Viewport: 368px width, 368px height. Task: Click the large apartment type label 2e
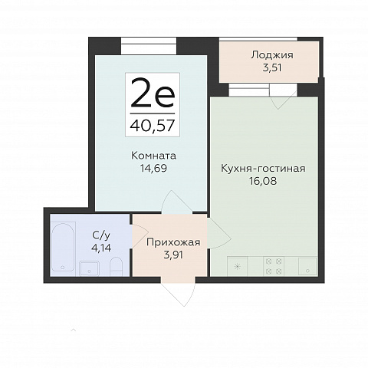(x=153, y=93)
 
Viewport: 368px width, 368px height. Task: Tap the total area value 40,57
(x=153, y=126)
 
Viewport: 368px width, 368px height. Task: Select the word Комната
(x=153, y=156)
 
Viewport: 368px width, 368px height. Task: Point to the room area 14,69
(x=153, y=168)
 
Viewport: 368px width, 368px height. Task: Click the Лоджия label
(x=272, y=55)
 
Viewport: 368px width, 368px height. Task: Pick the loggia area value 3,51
(x=272, y=67)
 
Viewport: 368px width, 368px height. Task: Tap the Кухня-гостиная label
(x=263, y=169)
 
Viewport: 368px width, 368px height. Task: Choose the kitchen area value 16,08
(x=263, y=181)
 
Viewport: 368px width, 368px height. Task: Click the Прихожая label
(x=173, y=242)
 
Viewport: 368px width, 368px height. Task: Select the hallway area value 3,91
(x=173, y=255)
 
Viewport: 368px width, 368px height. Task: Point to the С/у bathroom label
(x=101, y=235)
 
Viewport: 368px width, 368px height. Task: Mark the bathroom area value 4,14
(x=101, y=248)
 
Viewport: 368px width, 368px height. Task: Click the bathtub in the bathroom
(x=63, y=247)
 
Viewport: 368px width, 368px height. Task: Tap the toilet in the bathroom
(x=116, y=266)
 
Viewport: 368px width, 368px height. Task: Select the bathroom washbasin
(x=89, y=268)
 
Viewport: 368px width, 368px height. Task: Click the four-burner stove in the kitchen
(x=274, y=266)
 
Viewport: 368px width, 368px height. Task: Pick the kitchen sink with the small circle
(x=307, y=266)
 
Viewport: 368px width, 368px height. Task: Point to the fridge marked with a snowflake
(x=238, y=266)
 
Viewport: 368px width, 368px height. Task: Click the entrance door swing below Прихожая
(x=179, y=294)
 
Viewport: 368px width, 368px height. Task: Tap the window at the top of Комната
(x=149, y=46)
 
